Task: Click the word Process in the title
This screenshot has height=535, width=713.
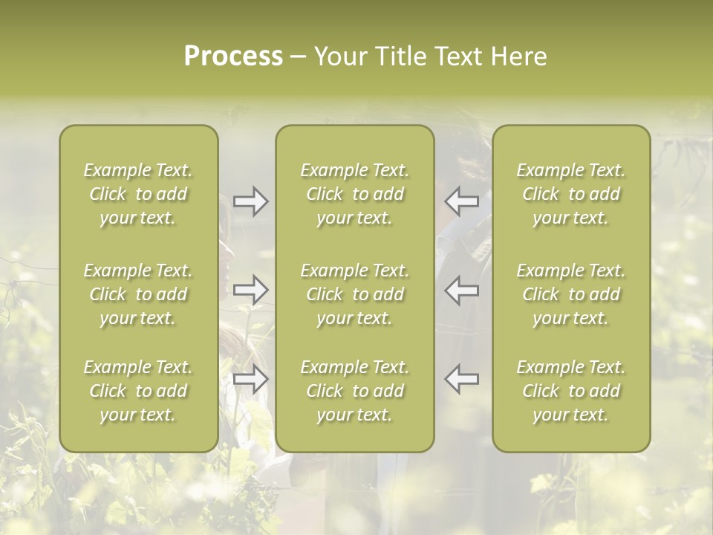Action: point(233,56)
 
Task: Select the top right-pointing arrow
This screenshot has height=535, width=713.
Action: point(250,201)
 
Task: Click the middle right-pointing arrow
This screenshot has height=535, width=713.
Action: point(250,290)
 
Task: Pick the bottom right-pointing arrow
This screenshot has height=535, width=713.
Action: point(250,379)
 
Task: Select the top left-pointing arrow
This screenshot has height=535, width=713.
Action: point(462,201)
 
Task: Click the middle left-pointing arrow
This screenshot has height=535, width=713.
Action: point(462,290)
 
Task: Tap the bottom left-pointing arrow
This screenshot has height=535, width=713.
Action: point(462,379)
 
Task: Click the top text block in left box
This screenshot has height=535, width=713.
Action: point(138,194)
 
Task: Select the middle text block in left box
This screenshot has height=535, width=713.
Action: point(138,294)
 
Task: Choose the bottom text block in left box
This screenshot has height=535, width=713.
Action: point(138,391)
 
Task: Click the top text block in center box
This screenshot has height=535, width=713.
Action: point(354,194)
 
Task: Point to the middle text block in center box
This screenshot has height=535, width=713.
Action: point(354,294)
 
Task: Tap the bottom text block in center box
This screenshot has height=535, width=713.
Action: point(354,391)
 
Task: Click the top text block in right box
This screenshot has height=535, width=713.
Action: point(571,194)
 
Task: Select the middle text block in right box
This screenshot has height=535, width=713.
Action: point(571,294)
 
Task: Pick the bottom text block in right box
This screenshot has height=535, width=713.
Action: point(571,391)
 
